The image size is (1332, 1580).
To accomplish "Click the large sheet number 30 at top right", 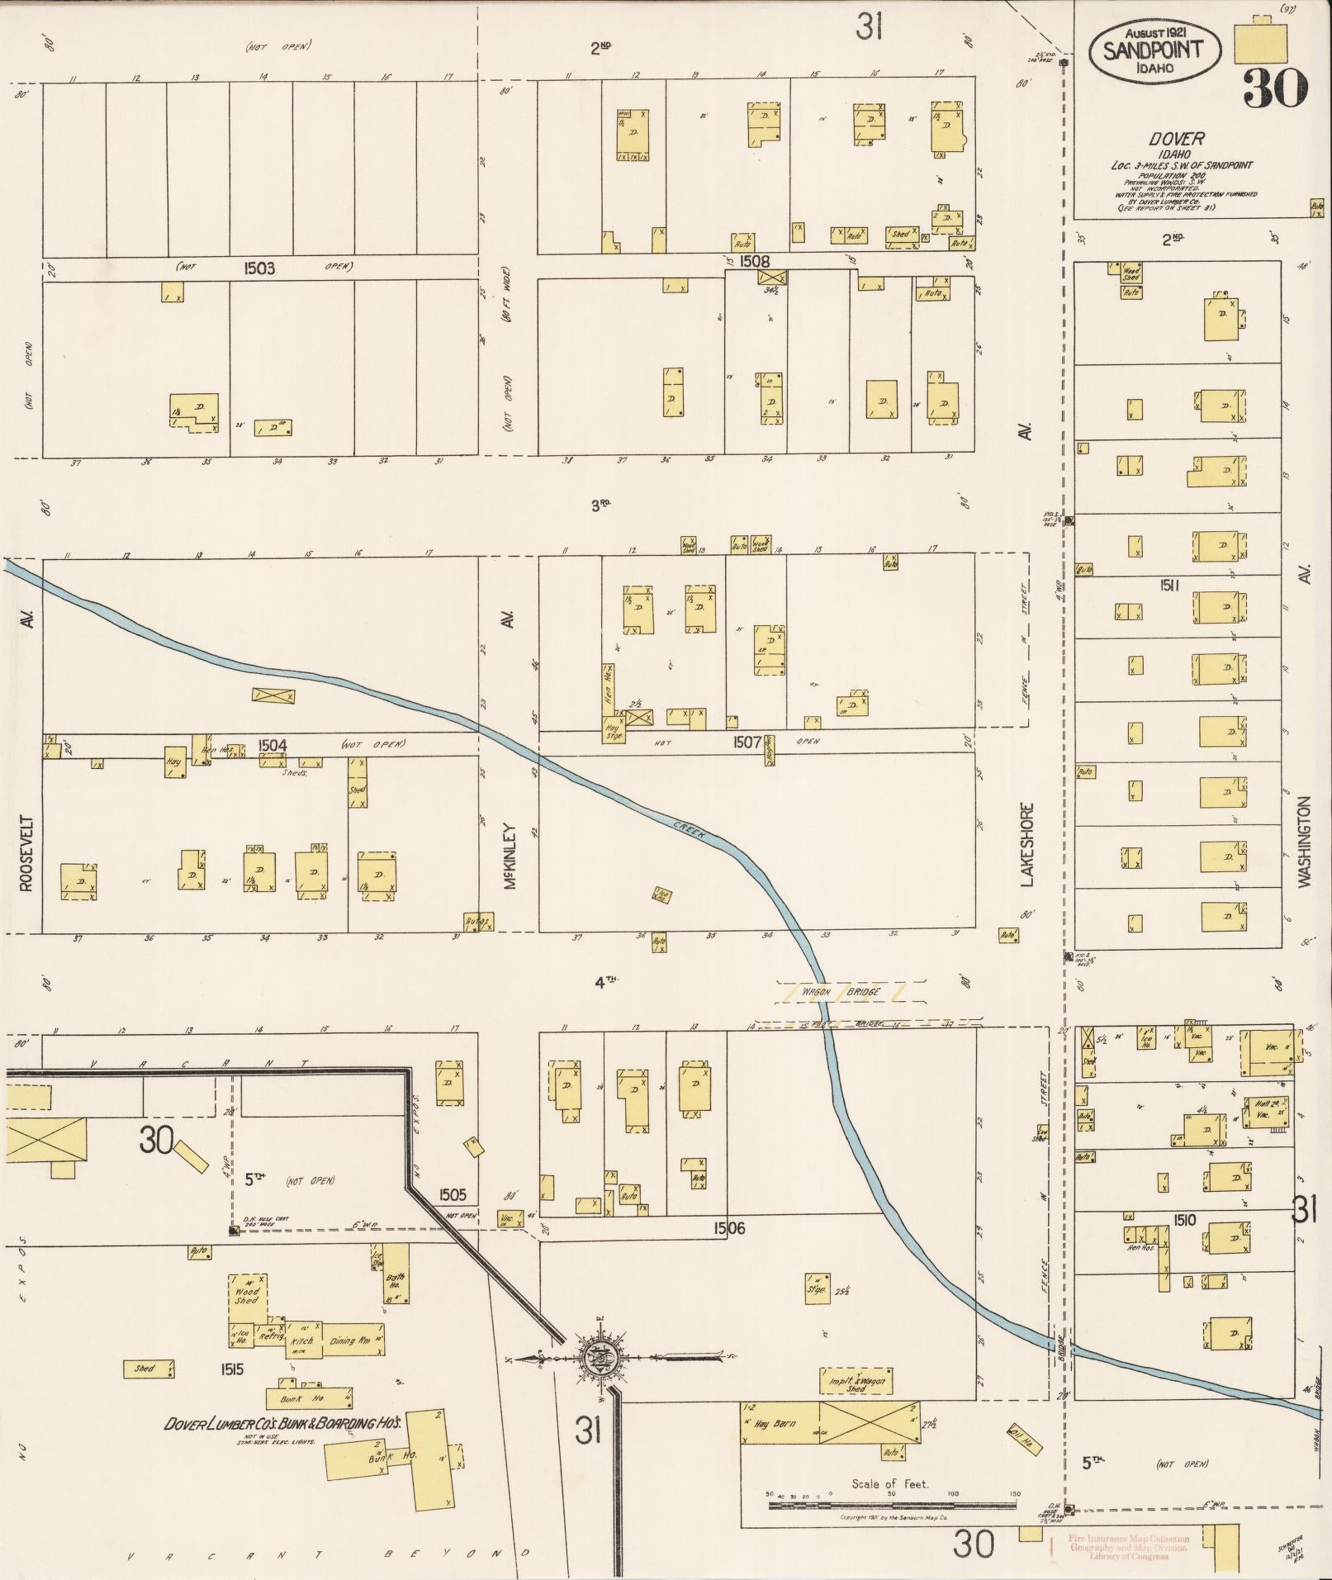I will pyautogui.click(x=1275, y=88).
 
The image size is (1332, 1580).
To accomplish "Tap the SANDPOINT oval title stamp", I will pyautogui.click(x=1154, y=50).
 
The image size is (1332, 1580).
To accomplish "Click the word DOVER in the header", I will pyautogui.click(x=1180, y=139).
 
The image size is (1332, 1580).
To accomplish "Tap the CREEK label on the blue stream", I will pyautogui.click(x=688, y=829).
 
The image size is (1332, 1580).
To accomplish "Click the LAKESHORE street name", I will pyautogui.click(x=1027, y=844).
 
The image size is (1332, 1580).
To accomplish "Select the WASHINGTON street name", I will pyautogui.click(x=1304, y=842).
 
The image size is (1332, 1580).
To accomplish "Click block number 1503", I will pyautogui.click(x=259, y=268).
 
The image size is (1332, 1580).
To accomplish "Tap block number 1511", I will pyautogui.click(x=1169, y=586).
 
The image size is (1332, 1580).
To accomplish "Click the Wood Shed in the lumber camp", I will pyautogui.click(x=247, y=1295).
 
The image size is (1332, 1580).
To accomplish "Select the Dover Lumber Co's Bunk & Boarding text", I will pyautogui.click(x=282, y=1424).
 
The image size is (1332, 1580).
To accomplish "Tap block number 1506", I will pyautogui.click(x=729, y=1228).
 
